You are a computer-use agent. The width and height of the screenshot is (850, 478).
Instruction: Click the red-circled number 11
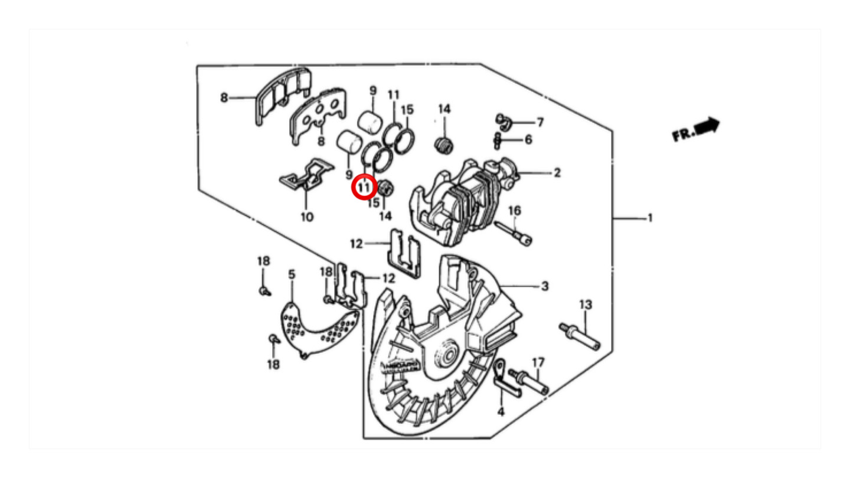click(364, 186)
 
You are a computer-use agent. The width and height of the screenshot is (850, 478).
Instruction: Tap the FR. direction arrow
click(708, 126)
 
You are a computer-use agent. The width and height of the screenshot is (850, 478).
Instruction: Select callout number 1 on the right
click(650, 218)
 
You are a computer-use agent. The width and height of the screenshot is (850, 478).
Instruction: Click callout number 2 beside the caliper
click(557, 173)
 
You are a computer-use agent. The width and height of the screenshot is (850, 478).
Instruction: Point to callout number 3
click(545, 286)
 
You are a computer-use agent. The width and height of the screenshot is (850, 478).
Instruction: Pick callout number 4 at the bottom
click(501, 411)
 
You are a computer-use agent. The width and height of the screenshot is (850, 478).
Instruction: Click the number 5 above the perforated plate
click(292, 274)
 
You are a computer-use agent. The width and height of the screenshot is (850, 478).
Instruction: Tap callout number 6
click(528, 140)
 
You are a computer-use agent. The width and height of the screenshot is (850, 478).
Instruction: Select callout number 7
click(540, 122)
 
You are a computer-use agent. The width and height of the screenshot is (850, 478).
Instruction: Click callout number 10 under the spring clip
click(307, 217)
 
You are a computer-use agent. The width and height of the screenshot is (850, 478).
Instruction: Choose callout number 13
click(586, 305)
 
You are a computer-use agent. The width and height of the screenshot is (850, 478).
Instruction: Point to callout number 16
click(515, 211)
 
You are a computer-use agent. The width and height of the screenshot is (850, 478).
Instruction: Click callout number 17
click(538, 363)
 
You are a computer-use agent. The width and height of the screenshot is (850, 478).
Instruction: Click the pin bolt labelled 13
click(580, 336)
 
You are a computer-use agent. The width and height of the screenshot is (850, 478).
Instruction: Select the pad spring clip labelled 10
click(306, 175)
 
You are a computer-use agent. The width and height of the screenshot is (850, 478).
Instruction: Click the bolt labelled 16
click(514, 234)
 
